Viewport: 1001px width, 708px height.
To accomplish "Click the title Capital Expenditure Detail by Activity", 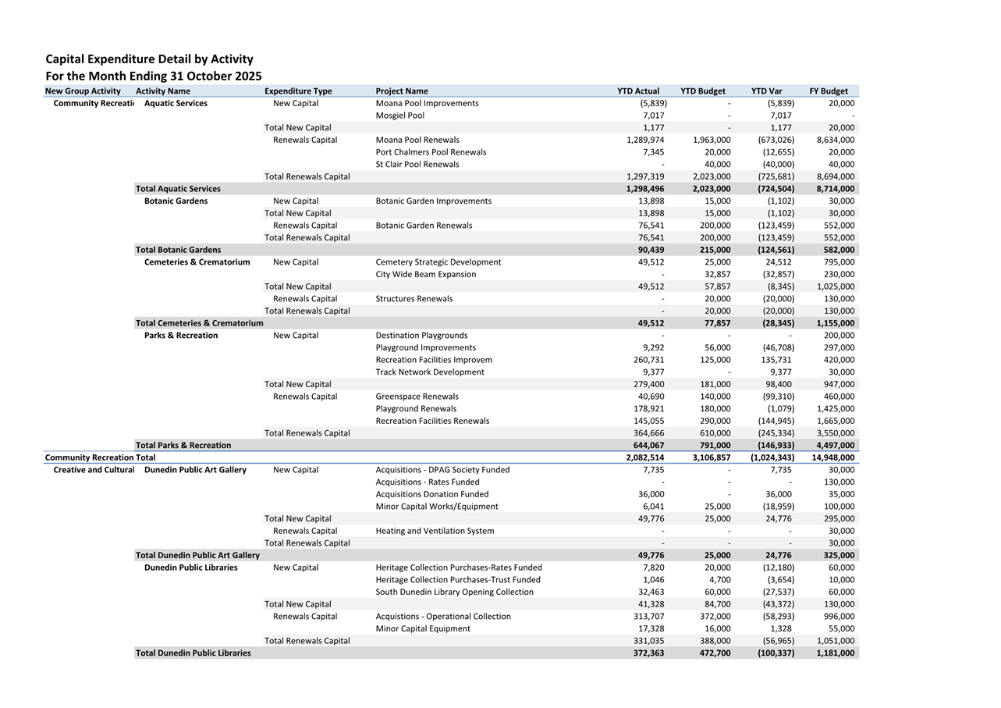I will pos(149,59).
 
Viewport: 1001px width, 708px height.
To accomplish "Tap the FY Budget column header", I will pos(829,91).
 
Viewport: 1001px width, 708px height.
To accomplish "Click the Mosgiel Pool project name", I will pos(400,116).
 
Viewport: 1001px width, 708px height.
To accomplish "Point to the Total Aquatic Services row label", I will pos(178,189).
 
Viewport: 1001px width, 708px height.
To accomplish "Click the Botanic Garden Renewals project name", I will pos(424,226).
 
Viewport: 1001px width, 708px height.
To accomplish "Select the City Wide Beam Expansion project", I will pos(426,274).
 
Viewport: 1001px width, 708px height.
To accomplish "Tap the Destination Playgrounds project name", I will pos(421,336).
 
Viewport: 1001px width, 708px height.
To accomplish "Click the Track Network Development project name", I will pos(430,372).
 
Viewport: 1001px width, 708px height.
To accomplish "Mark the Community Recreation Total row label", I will pos(100,457).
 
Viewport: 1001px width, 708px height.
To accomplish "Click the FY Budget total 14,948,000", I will pos(833,457).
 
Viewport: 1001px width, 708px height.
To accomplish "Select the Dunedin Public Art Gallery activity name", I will pos(195,470).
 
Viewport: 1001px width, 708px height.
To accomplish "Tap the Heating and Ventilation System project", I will pos(435,531).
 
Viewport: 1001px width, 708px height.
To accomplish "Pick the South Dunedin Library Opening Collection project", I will pos(455,592).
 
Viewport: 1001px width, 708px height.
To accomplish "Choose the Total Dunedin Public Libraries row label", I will pos(193,653).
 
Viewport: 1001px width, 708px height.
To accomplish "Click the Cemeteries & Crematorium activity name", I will pos(197,262).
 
